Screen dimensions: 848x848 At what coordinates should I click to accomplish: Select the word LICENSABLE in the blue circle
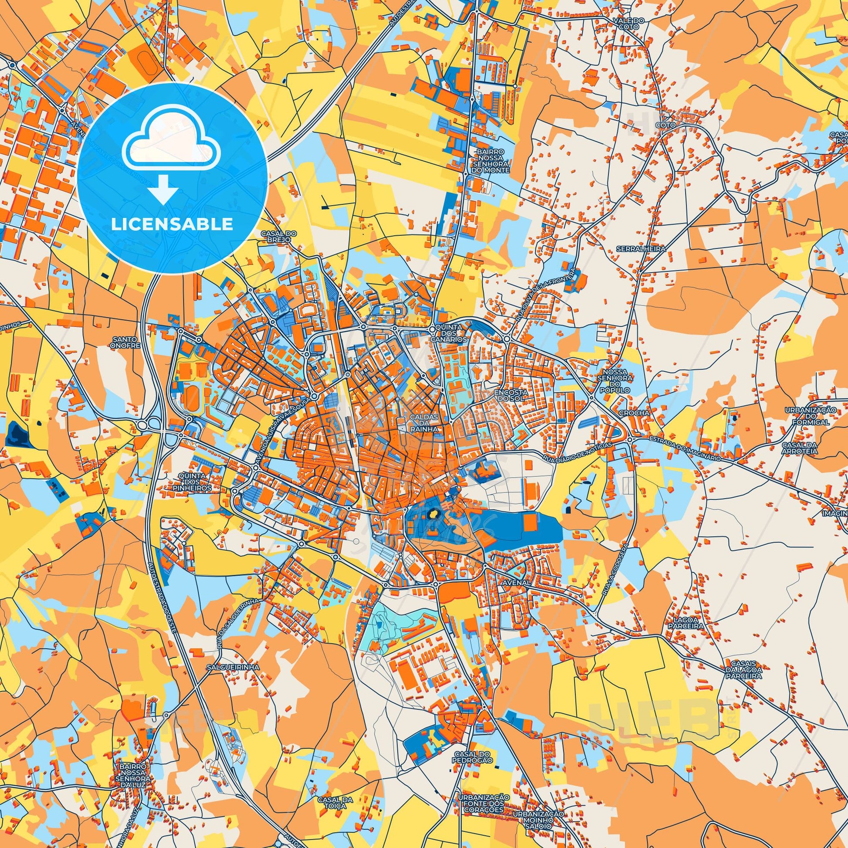pos(172,224)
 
